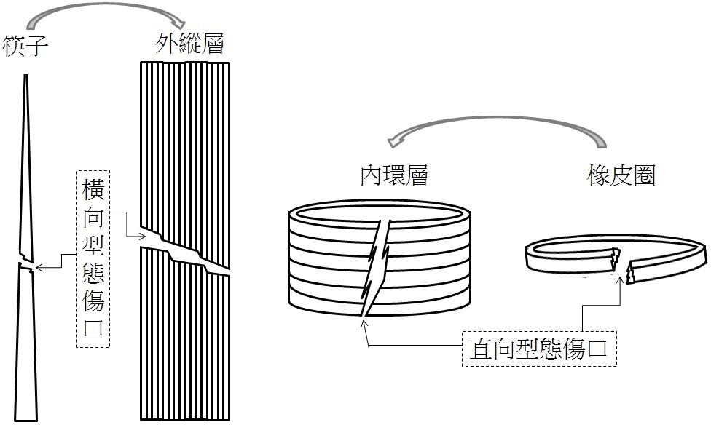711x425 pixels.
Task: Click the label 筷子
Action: click(x=25, y=46)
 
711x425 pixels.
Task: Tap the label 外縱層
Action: click(x=189, y=44)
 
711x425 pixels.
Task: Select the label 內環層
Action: click(x=394, y=175)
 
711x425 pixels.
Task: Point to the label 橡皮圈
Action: click(x=621, y=175)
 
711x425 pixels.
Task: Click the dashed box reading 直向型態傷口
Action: click(x=539, y=349)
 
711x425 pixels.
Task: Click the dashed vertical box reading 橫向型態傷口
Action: click(x=93, y=259)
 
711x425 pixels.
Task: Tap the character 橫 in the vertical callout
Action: click(x=93, y=190)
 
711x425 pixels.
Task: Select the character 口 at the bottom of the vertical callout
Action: click(x=93, y=327)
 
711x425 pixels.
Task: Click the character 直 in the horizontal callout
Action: click(x=481, y=349)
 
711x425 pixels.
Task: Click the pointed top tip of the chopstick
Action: click(x=25, y=75)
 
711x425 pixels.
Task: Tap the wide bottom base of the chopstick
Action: click(x=25, y=420)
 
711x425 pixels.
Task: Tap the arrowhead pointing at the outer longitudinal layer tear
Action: click(x=141, y=236)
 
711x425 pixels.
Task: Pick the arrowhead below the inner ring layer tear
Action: click(x=364, y=324)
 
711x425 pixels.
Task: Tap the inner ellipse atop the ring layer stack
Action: click(x=380, y=213)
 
